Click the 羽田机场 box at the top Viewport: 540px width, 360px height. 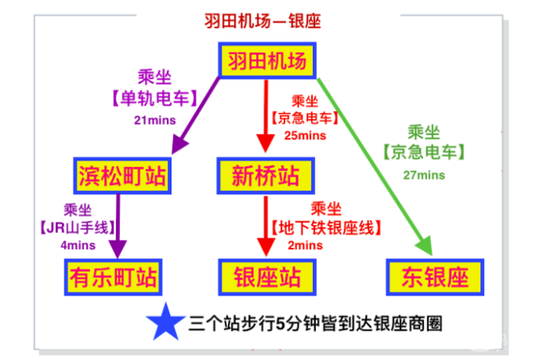[268, 60]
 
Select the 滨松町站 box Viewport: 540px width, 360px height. [122, 176]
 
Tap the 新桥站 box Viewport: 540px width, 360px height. [265, 176]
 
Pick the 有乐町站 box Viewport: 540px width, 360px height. [114, 277]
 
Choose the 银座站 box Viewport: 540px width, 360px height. [268, 277]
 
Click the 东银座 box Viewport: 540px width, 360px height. [435, 277]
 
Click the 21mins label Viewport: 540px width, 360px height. [155, 120]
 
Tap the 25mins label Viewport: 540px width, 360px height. [305, 135]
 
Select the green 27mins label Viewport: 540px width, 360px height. [424, 175]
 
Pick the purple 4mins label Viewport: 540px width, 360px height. [78, 246]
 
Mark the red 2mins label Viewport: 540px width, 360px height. [306, 246]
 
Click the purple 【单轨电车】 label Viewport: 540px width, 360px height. [155, 99]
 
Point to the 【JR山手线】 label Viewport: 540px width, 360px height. [78, 227]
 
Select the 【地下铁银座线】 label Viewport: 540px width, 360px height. [326, 228]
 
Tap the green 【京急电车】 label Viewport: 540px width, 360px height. [424, 152]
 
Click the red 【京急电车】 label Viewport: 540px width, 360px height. [305, 118]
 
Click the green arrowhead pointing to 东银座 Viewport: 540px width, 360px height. [425, 246]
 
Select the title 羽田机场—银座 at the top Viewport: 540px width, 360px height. [263, 21]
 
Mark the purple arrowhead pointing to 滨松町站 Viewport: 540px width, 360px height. [179, 144]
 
